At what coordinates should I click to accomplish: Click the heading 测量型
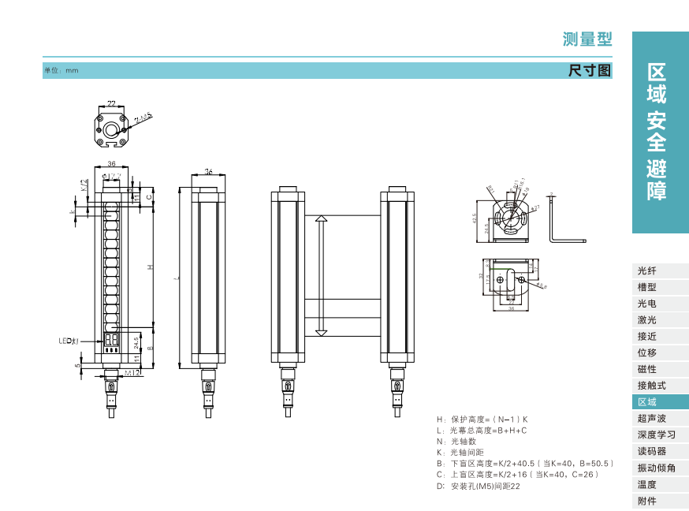coord(587,39)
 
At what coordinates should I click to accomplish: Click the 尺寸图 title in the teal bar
coord(590,70)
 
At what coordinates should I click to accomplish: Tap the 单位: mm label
coord(61,71)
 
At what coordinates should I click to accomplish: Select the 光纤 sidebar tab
coord(646,270)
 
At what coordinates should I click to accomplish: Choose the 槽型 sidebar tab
coord(646,287)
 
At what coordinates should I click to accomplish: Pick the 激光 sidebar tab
coord(646,320)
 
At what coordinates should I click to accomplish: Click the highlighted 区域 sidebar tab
coord(646,402)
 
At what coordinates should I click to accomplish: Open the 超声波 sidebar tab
coord(651,419)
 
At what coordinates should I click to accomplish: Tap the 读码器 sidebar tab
coord(651,452)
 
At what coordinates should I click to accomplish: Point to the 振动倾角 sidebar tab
coord(656,468)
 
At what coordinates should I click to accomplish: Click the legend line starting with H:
coord(482,419)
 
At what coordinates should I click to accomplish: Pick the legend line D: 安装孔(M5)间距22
coord(478,487)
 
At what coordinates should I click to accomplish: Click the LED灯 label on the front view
coord(69,341)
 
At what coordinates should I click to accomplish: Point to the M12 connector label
coord(132,372)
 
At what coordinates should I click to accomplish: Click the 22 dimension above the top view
coord(111,103)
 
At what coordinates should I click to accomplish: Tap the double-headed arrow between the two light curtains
coord(321,275)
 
